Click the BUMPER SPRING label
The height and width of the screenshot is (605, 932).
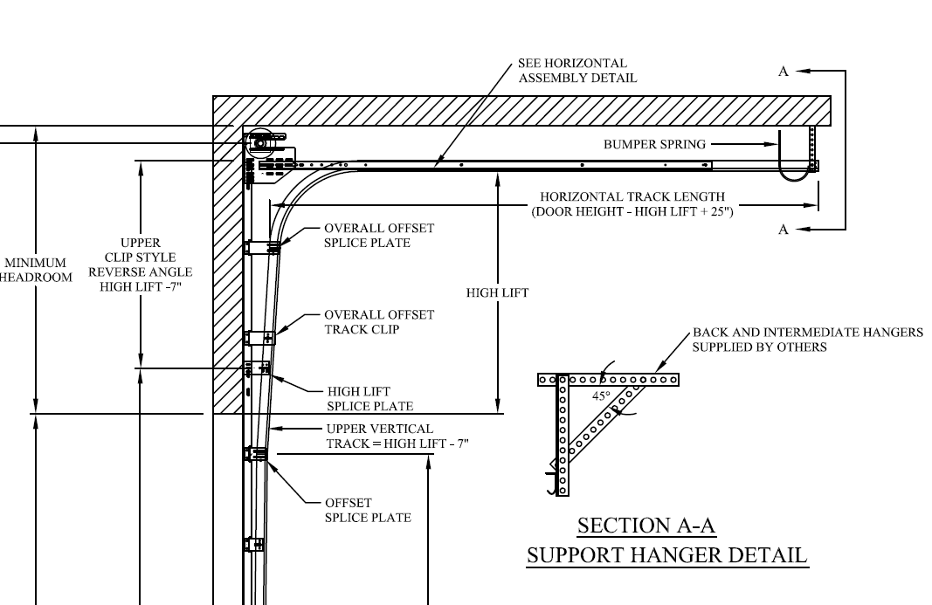click(653, 144)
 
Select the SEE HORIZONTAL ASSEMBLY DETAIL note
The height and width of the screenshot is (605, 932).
click(577, 70)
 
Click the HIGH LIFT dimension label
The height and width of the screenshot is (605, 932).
click(497, 293)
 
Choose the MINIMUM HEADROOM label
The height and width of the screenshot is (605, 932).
click(35, 270)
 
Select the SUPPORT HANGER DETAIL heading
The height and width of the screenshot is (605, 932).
click(666, 555)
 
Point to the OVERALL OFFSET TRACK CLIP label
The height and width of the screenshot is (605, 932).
click(379, 322)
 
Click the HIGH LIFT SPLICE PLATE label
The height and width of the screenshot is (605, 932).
click(369, 399)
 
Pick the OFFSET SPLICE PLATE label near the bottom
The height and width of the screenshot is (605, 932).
click(368, 510)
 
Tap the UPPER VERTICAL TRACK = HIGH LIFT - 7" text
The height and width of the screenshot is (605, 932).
click(397, 437)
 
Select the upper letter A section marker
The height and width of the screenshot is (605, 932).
click(784, 72)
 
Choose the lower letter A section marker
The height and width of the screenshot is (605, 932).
click(784, 229)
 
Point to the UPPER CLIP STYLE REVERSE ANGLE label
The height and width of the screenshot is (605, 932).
click(140, 265)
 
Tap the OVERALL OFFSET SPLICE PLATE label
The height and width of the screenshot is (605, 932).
click(379, 235)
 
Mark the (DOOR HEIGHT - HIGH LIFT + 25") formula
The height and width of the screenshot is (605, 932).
click(632, 211)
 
